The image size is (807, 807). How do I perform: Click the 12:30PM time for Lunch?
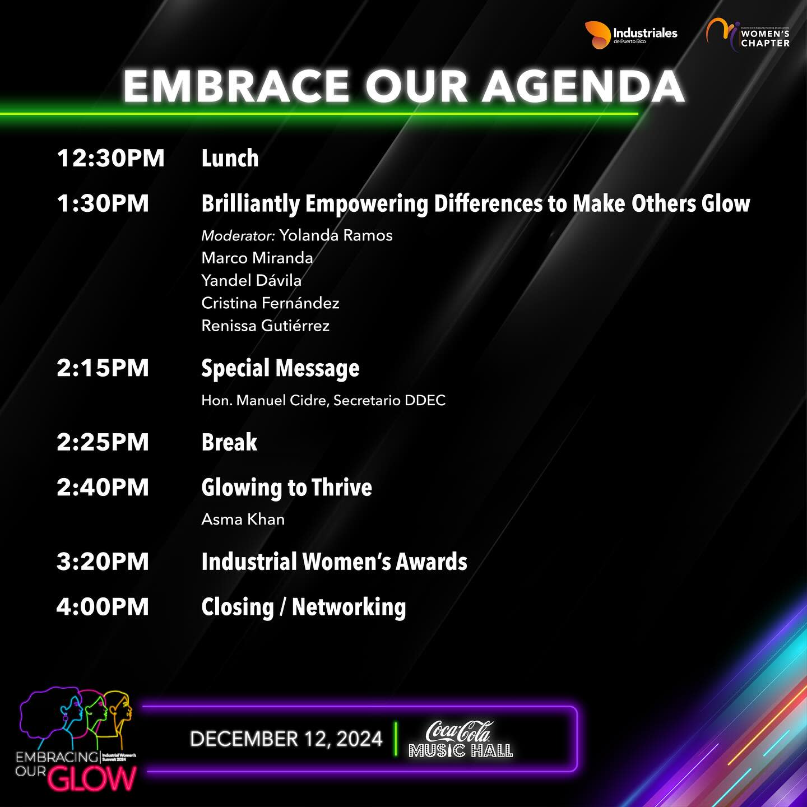point(110,158)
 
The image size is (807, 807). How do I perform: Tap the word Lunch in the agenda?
point(230,158)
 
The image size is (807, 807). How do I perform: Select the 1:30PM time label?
point(103,203)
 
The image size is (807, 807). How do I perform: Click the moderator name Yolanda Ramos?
point(336,235)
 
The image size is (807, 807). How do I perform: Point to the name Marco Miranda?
point(257,258)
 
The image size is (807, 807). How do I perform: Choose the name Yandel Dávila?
point(251,280)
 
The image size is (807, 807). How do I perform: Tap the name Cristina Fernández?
point(270,303)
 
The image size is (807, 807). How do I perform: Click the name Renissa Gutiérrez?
point(266,326)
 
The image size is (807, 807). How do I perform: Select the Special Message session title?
point(280,369)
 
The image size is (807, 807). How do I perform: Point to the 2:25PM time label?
point(103,442)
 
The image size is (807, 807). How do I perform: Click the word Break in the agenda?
point(230,442)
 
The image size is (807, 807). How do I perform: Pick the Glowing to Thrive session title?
point(286,488)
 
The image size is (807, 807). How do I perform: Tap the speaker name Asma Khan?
point(243,520)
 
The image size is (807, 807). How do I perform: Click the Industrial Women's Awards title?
point(334,562)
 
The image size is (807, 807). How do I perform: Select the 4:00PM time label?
point(103,607)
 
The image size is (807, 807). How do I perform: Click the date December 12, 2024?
point(286,739)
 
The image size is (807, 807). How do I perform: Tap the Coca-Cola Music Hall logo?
point(460,739)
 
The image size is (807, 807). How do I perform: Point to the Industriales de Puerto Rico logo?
point(630,35)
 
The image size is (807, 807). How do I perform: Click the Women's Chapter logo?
point(748,35)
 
